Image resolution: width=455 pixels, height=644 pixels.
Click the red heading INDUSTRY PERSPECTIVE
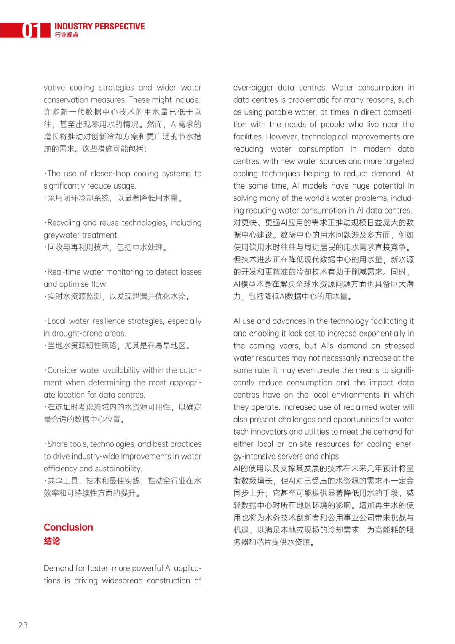[x=99, y=27]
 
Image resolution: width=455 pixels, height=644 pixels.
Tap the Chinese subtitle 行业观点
[x=66, y=35]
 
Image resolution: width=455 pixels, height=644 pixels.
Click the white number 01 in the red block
[x=30, y=30]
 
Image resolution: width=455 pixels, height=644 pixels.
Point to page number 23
[x=23, y=625]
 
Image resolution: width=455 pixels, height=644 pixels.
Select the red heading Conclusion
[x=68, y=527]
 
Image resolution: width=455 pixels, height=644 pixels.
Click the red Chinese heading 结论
[x=52, y=541]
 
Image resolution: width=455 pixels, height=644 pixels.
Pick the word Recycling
[x=63, y=223]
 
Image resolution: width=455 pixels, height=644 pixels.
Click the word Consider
[x=62, y=370]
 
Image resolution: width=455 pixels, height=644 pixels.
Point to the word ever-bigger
[x=253, y=88]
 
